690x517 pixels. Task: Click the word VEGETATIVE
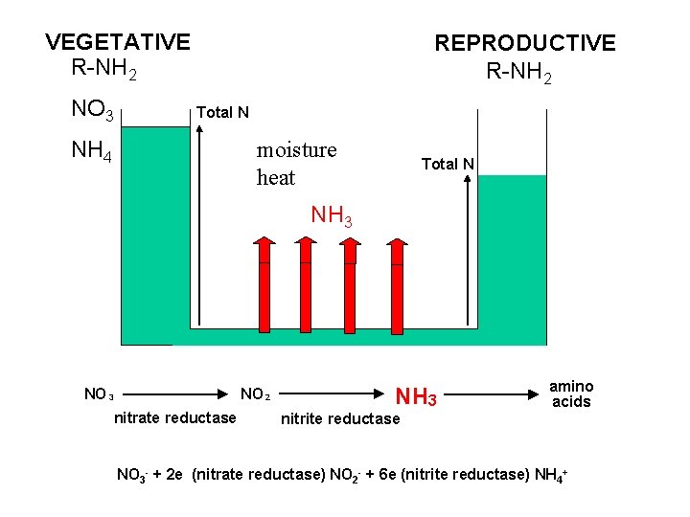pos(118,42)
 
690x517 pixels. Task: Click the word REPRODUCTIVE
pos(525,43)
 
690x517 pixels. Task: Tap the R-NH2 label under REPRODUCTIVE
pos(518,72)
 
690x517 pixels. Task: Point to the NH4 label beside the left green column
pos(92,151)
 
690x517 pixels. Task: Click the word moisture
pos(296,150)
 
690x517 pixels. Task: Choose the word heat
pos(276,178)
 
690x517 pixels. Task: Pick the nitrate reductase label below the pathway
pos(174,417)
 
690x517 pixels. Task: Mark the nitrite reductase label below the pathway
pos(339,418)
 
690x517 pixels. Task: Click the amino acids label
pos(571,393)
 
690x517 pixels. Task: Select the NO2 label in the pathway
pos(255,393)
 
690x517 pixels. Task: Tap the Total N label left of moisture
pos(222,113)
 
